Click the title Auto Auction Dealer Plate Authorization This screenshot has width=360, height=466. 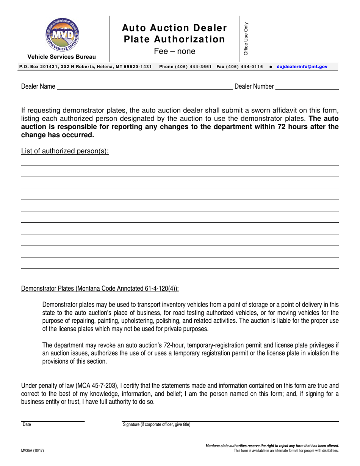[174, 34]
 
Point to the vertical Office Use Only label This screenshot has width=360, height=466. [246, 38]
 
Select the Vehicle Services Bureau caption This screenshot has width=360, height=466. [61, 57]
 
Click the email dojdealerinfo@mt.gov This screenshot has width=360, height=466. [302, 66]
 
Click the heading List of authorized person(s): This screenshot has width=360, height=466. [65, 151]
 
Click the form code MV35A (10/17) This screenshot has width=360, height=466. [33, 450]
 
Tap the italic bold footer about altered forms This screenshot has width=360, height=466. [272, 446]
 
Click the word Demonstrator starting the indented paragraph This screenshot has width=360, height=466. [59, 305]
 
